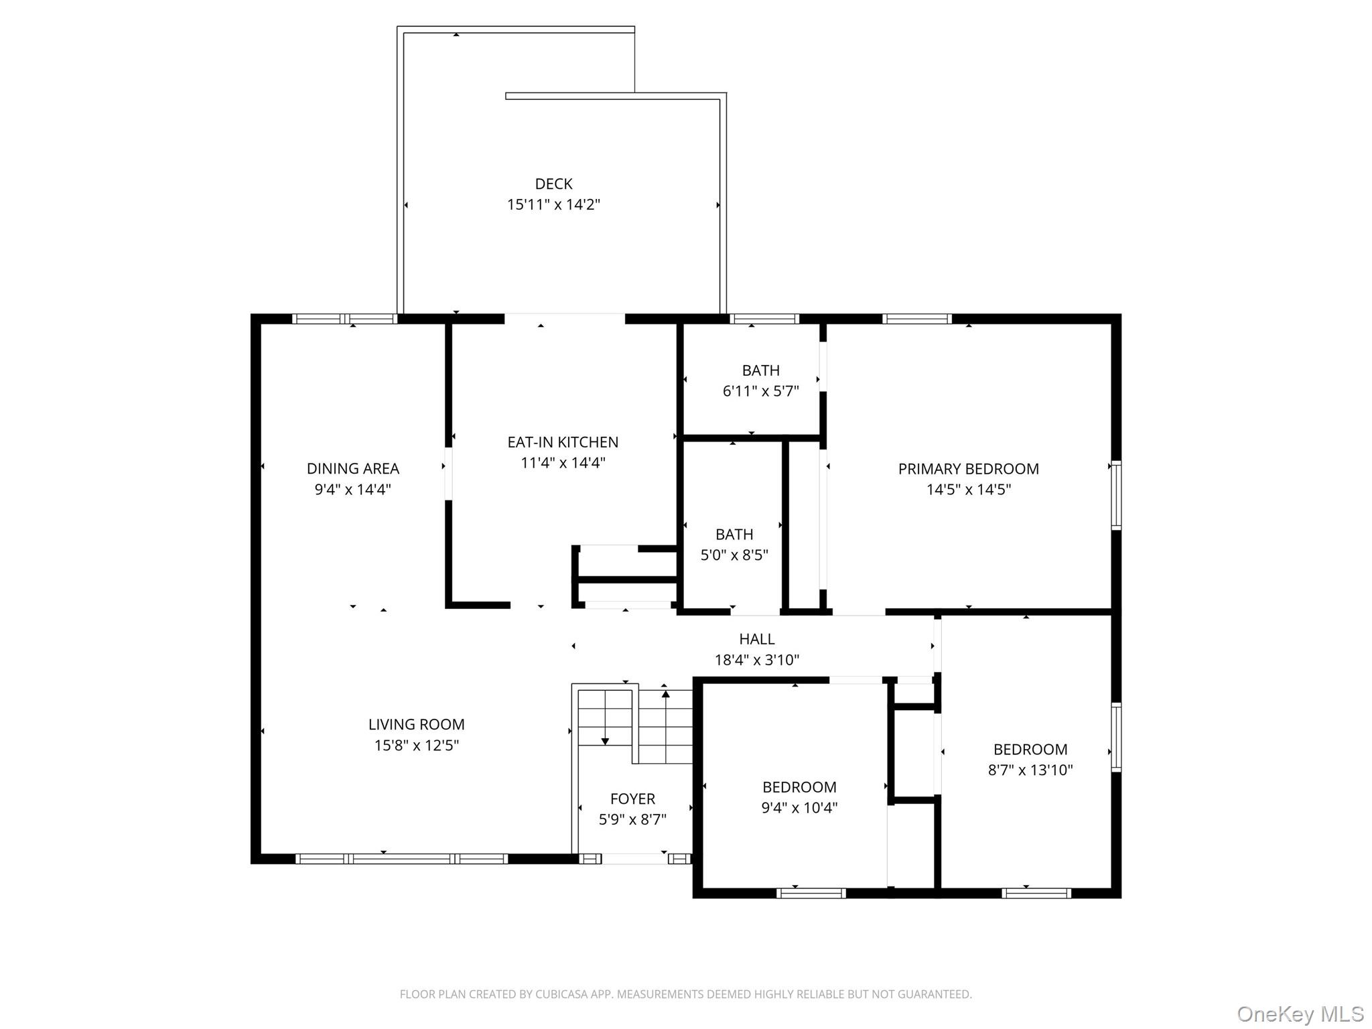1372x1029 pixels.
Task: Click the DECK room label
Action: [x=553, y=184]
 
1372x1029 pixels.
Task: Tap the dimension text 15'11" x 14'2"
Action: [x=553, y=204]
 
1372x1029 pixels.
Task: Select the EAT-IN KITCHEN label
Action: [x=563, y=442]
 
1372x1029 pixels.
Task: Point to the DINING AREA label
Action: [x=353, y=468]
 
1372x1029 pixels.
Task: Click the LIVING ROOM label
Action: [x=416, y=724]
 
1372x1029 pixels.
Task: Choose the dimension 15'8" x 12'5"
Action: [x=416, y=745]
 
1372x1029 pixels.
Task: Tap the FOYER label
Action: [x=632, y=799]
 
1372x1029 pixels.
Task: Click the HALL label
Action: [x=757, y=639]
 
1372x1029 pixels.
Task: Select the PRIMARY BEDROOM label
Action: [x=968, y=469]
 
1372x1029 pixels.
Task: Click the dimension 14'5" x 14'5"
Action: [x=968, y=490]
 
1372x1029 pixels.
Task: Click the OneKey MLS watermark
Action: [x=1300, y=1014]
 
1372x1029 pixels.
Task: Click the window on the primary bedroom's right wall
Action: [x=1116, y=496]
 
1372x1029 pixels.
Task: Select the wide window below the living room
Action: [x=402, y=859]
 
